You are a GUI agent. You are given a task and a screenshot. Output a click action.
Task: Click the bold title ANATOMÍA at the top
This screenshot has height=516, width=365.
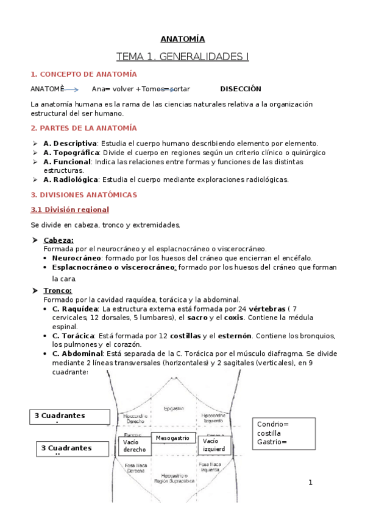[x=182, y=39]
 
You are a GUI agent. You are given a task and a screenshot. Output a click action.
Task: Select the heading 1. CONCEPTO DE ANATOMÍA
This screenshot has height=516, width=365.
[x=83, y=74]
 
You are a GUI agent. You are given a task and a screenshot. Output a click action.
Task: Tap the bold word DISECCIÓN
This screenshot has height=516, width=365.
[x=240, y=89]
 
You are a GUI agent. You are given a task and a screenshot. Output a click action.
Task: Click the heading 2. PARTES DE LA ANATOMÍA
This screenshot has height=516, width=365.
[x=83, y=128]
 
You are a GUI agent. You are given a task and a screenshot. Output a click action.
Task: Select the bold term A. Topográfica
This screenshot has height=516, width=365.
[x=71, y=153]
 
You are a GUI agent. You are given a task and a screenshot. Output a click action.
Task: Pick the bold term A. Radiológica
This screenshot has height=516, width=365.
[x=71, y=180]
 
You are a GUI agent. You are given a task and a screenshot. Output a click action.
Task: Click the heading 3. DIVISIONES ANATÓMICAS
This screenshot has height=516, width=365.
[x=83, y=195]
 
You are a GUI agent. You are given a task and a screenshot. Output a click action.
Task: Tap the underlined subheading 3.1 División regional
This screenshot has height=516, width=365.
[x=69, y=209]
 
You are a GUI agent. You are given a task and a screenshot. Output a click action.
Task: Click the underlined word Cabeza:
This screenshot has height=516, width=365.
[x=58, y=240]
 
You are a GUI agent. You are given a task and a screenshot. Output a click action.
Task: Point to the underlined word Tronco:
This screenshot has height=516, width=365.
[x=58, y=291]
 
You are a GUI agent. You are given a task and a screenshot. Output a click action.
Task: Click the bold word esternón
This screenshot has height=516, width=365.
[x=230, y=336]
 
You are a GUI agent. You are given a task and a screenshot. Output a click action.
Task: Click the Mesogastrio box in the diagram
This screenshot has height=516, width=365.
[x=173, y=438]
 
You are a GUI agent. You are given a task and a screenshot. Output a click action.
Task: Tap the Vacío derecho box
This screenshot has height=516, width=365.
[x=134, y=445]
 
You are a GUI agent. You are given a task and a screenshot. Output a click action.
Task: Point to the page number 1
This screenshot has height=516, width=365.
[x=310, y=483]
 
